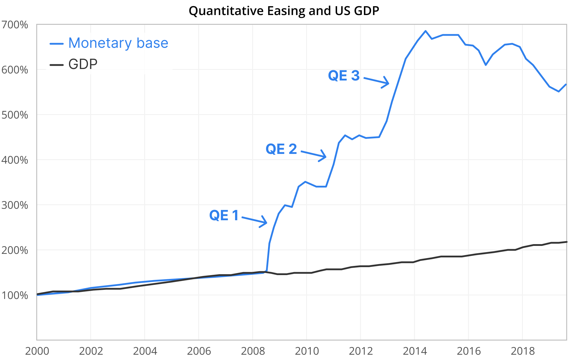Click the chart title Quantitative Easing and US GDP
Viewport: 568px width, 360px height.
(x=284, y=11)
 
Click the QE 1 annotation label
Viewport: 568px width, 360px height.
(x=224, y=215)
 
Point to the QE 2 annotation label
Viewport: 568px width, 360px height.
(x=281, y=149)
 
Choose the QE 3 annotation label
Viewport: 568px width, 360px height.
(x=344, y=75)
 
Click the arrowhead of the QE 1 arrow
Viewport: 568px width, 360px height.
(x=266, y=223)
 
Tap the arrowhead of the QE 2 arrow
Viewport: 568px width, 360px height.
(x=326, y=157)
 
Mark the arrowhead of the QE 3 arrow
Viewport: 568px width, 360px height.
(x=388, y=83)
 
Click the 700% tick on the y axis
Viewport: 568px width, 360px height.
(x=15, y=25)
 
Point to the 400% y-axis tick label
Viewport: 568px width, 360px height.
(x=15, y=160)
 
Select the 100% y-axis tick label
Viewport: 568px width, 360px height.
(x=15, y=295)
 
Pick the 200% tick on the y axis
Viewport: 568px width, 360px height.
(x=15, y=250)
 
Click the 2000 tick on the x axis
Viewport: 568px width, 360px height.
(x=37, y=351)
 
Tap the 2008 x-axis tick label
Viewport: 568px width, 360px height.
(x=253, y=351)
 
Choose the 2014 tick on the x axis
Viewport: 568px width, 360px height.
(x=415, y=351)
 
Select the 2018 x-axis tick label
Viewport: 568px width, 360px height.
(x=523, y=351)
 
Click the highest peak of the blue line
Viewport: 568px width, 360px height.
(x=425, y=31)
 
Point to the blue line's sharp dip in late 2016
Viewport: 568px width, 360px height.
(x=486, y=65)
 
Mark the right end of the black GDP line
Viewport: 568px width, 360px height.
(x=566, y=242)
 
